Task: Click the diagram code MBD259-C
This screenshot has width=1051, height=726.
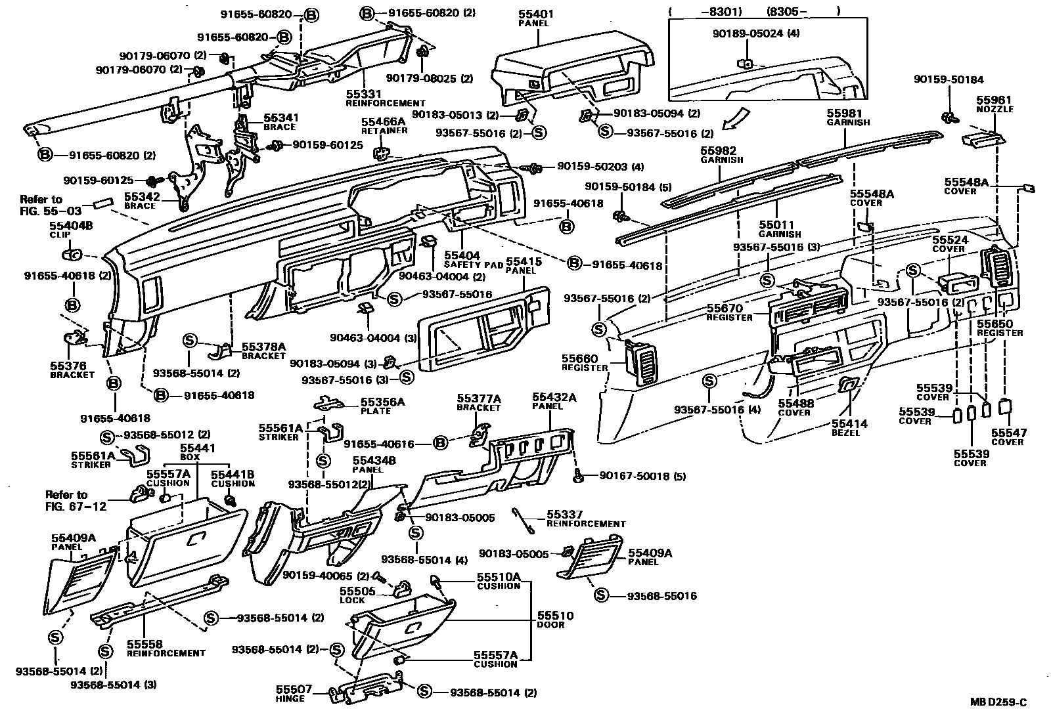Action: (x=998, y=702)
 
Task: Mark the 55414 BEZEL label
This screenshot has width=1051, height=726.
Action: (x=849, y=428)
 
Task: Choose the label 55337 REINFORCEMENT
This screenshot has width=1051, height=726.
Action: (x=586, y=519)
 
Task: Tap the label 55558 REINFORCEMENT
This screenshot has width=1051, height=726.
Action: (x=166, y=649)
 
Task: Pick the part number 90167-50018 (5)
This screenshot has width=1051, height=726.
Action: (x=642, y=476)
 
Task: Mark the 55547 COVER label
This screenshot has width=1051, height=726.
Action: (x=1008, y=437)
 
